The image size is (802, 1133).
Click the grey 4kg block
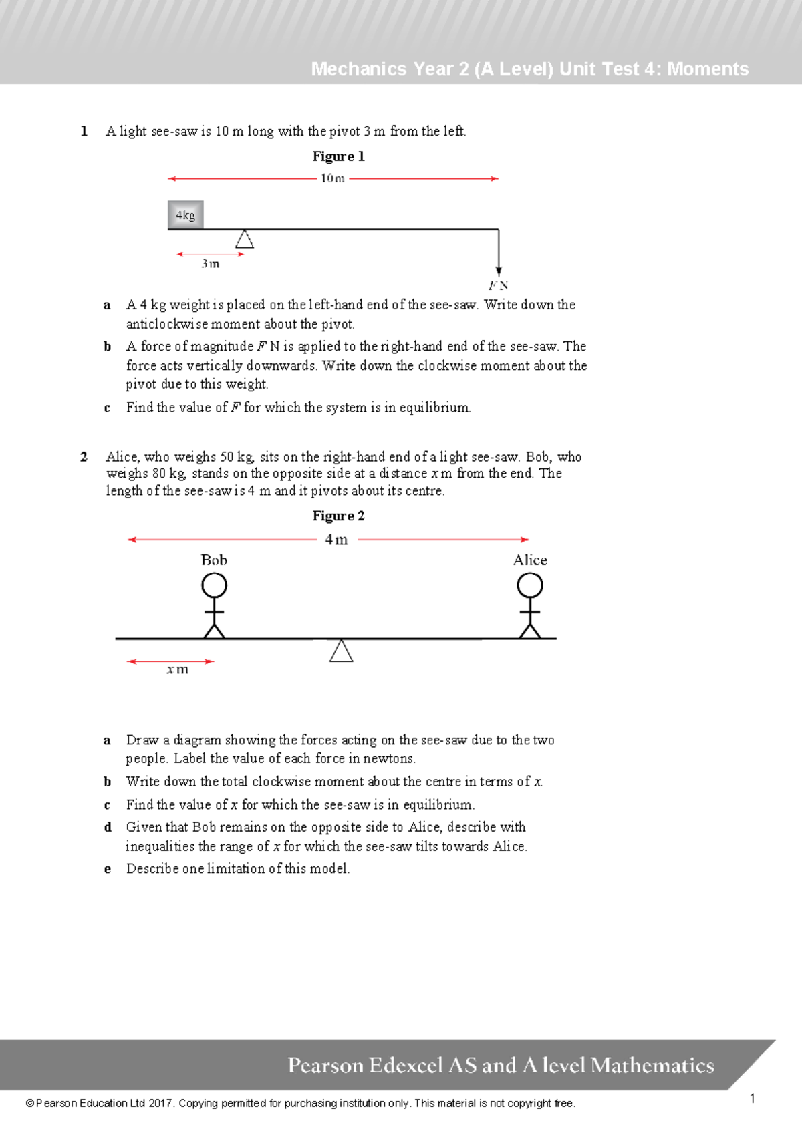(x=185, y=215)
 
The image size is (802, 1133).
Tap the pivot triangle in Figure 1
(x=245, y=239)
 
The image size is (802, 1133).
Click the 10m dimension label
(x=332, y=178)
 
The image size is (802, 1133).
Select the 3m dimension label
(x=211, y=264)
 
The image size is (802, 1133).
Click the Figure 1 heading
(x=338, y=156)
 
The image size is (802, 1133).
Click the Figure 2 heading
(x=338, y=516)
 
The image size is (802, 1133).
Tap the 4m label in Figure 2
(x=336, y=540)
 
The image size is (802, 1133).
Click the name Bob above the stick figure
(x=214, y=560)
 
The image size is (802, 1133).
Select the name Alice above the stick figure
(x=530, y=560)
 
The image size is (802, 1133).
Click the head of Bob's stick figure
(x=214, y=586)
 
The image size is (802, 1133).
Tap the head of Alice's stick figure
(x=530, y=586)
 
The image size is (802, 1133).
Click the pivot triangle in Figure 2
(x=341, y=651)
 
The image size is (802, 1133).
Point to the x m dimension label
(x=178, y=669)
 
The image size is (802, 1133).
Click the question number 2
(x=84, y=457)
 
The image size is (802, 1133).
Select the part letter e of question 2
(x=107, y=869)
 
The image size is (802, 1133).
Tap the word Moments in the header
(x=708, y=69)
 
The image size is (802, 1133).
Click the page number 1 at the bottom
(x=753, y=1098)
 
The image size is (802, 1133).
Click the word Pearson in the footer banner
(x=325, y=1065)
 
